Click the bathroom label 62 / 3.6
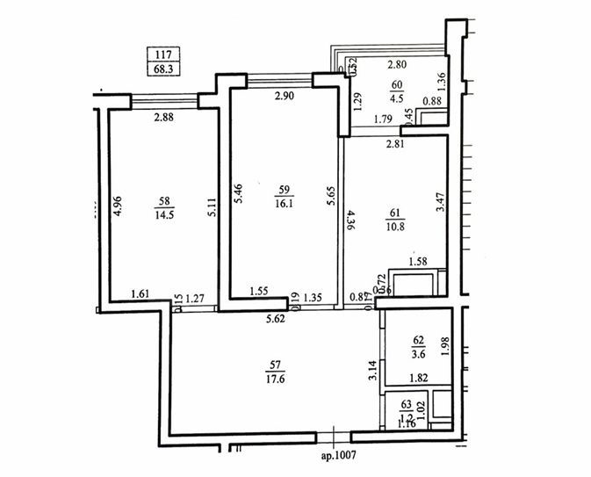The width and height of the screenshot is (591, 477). coord(419,349)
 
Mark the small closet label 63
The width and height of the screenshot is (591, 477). coord(406,405)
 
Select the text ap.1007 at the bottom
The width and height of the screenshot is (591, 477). coord(342,457)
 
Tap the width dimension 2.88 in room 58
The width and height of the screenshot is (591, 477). coord(165,117)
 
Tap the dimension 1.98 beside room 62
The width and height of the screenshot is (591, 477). coord(444,345)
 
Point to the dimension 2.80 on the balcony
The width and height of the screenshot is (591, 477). coord(398,65)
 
